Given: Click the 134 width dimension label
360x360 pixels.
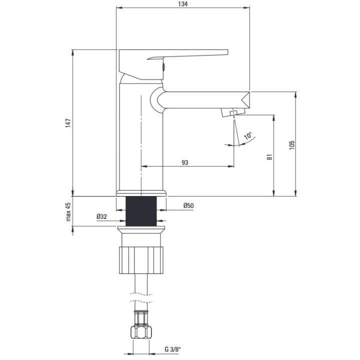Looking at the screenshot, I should (183, 4).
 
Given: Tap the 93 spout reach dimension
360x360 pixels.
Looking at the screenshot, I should (184, 162).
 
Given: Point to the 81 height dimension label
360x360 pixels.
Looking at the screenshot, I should (269, 156).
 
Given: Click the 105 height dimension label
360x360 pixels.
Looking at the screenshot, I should (292, 144).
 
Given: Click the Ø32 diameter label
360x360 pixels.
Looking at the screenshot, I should (103, 217).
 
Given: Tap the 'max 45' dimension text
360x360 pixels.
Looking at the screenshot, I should (68, 212).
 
